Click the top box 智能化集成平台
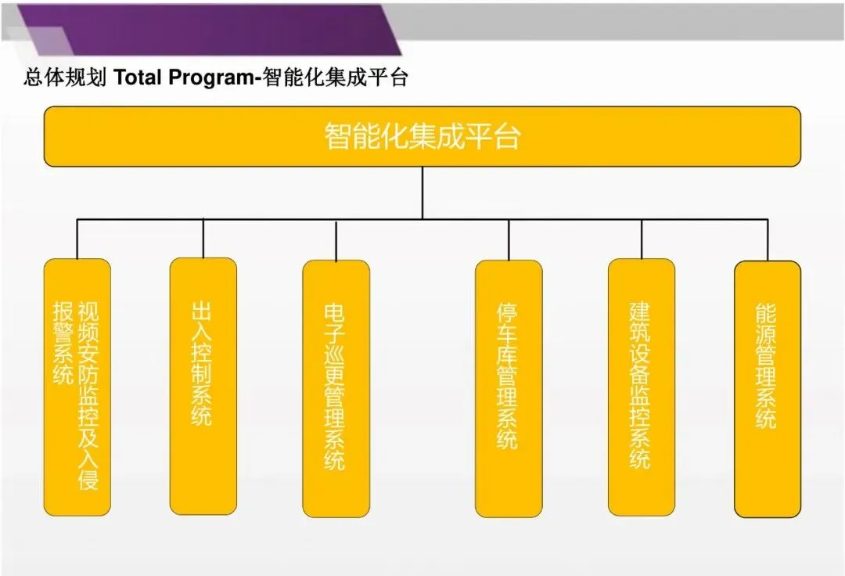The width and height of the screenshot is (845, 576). click(422, 136)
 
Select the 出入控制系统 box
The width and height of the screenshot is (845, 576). click(203, 386)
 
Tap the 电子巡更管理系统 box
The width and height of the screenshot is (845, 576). click(336, 388)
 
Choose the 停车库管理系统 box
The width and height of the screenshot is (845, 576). click(509, 388)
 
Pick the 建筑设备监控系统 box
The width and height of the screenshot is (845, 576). click(641, 387)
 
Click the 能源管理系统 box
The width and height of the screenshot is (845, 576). click(767, 388)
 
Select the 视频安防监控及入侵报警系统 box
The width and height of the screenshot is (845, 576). click(77, 387)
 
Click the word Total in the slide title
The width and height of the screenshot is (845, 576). click(138, 78)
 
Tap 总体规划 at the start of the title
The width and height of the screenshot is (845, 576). click(65, 78)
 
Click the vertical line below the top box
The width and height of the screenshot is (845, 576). click(422, 193)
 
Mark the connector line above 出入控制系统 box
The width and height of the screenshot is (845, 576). click(203, 238)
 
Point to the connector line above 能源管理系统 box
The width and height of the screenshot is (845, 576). click(768, 239)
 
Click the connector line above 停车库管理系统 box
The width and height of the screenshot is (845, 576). click(509, 239)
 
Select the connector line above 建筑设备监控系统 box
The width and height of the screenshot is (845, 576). click(642, 239)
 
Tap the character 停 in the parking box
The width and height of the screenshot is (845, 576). click(508, 312)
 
